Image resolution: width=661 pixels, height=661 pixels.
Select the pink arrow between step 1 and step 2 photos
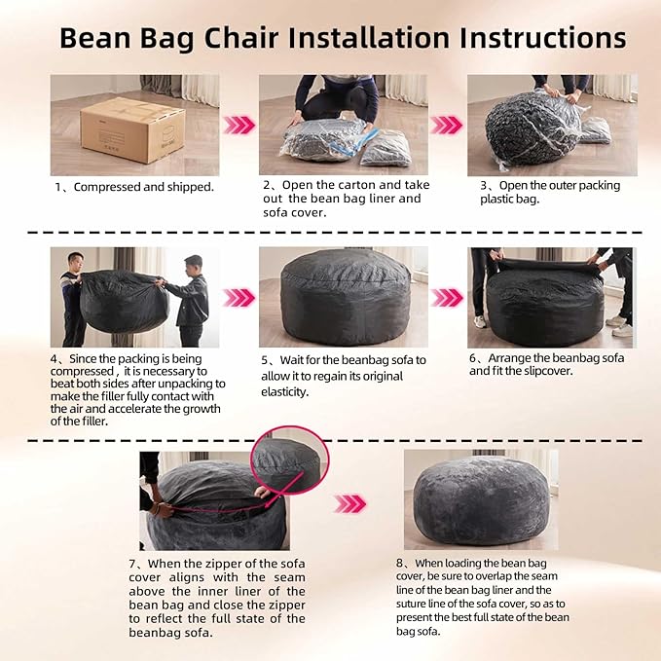pyautogui.click(x=239, y=126)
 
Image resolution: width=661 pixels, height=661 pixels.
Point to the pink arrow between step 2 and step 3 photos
pyautogui.click(x=447, y=126)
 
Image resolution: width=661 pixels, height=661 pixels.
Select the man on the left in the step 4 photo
pyautogui.click(x=74, y=297)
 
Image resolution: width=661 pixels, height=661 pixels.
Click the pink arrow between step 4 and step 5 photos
pyautogui.click(x=239, y=297)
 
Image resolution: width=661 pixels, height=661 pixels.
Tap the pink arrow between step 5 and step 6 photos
pyautogui.click(x=447, y=297)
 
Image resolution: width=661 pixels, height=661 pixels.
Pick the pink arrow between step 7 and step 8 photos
pyautogui.click(x=350, y=503)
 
